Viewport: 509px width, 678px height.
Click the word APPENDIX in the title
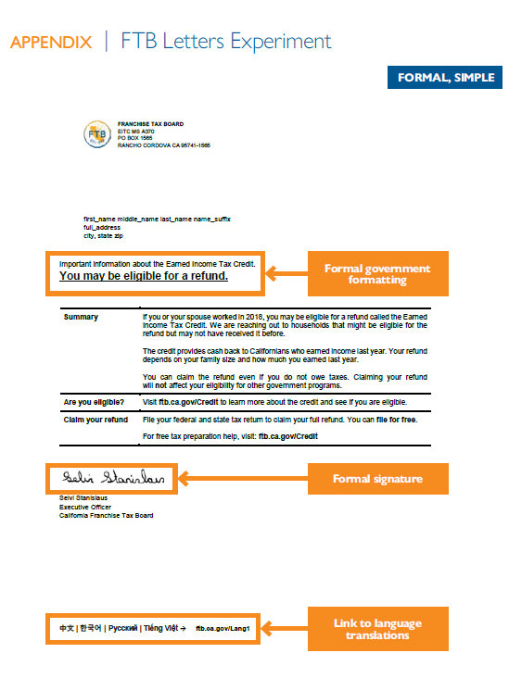51,42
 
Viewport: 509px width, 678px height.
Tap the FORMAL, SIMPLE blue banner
445,77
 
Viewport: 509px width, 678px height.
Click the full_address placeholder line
102,227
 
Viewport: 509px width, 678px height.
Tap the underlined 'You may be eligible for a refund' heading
144,276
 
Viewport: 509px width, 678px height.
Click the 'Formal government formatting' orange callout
377,274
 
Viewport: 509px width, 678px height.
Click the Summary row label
81,317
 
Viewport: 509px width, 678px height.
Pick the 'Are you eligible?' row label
95,402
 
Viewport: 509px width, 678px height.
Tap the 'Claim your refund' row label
95,420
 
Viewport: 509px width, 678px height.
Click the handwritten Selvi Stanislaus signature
111,478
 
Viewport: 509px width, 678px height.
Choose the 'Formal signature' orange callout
377,479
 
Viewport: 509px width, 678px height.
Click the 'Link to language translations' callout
377,629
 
